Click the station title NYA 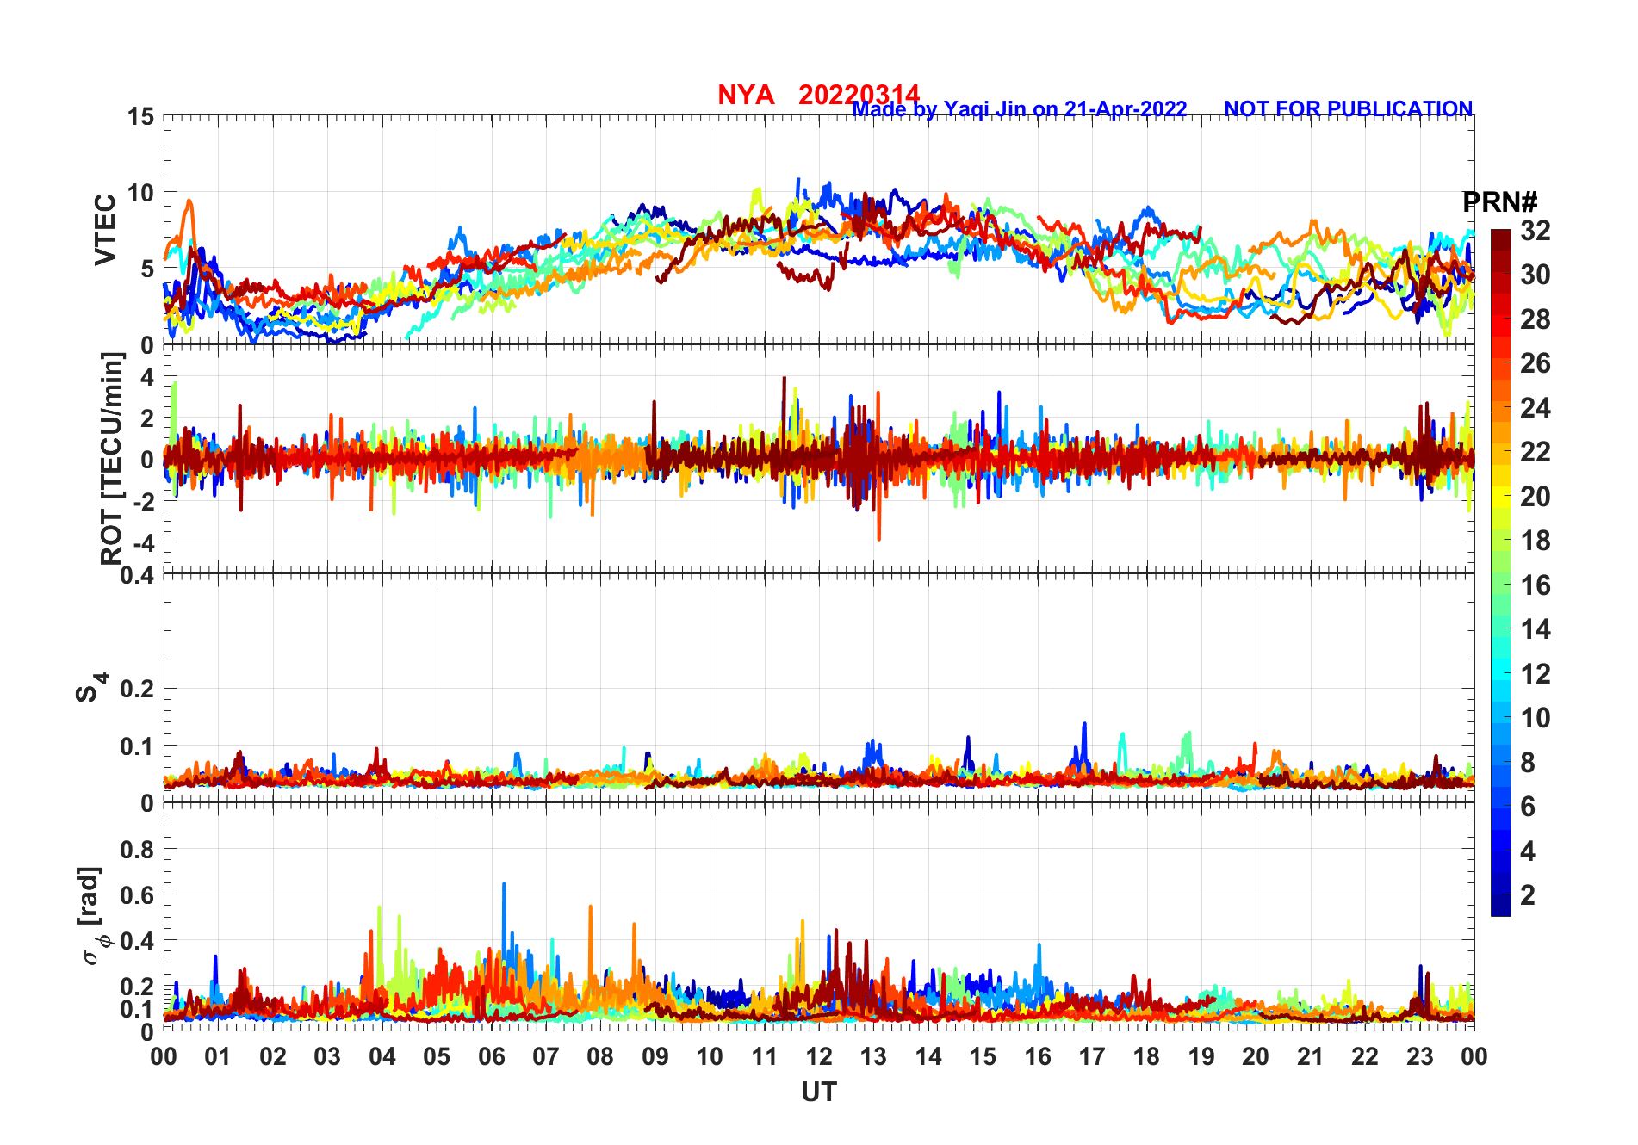[x=746, y=95]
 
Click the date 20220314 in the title [x=859, y=95]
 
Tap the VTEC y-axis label [x=105, y=230]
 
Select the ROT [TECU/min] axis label [x=111, y=458]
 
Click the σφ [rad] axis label [x=90, y=916]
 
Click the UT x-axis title [x=818, y=1092]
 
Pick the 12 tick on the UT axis [x=818, y=1057]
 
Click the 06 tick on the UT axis [x=491, y=1057]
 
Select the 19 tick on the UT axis [x=1201, y=1057]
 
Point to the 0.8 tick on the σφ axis [x=137, y=849]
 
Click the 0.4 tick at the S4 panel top [x=137, y=574]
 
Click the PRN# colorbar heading [x=1499, y=203]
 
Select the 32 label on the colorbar [x=1536, y=231]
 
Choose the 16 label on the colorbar [x=1536, y=585]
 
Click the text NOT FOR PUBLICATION [x=1348, y=109]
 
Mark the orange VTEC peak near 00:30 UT [x=189, y=201]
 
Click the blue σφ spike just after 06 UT [x=504, y=884]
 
